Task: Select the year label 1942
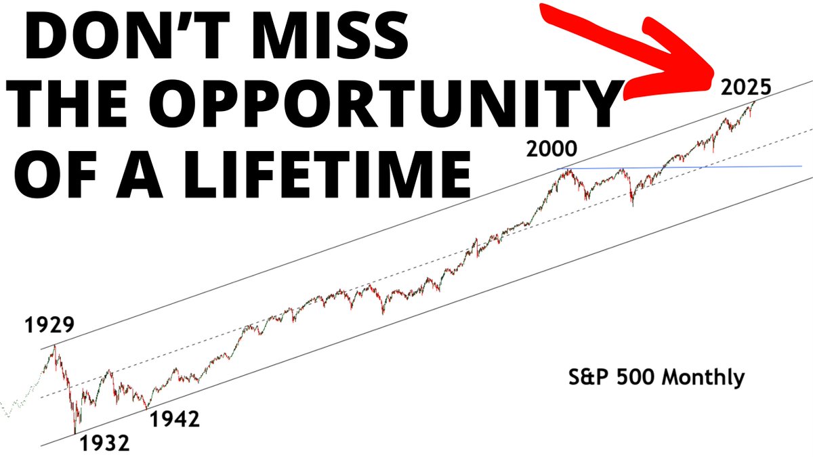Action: coord(174,420)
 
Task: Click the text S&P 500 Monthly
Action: coord(656,377)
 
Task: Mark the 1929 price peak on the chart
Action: coord(54,347)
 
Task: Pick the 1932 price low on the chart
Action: coord(75,432)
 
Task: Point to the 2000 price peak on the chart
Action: coord(568,169)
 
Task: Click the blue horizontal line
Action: coord(745,166)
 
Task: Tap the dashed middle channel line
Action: coord(406,272)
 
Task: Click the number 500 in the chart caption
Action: coord(638,377)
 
